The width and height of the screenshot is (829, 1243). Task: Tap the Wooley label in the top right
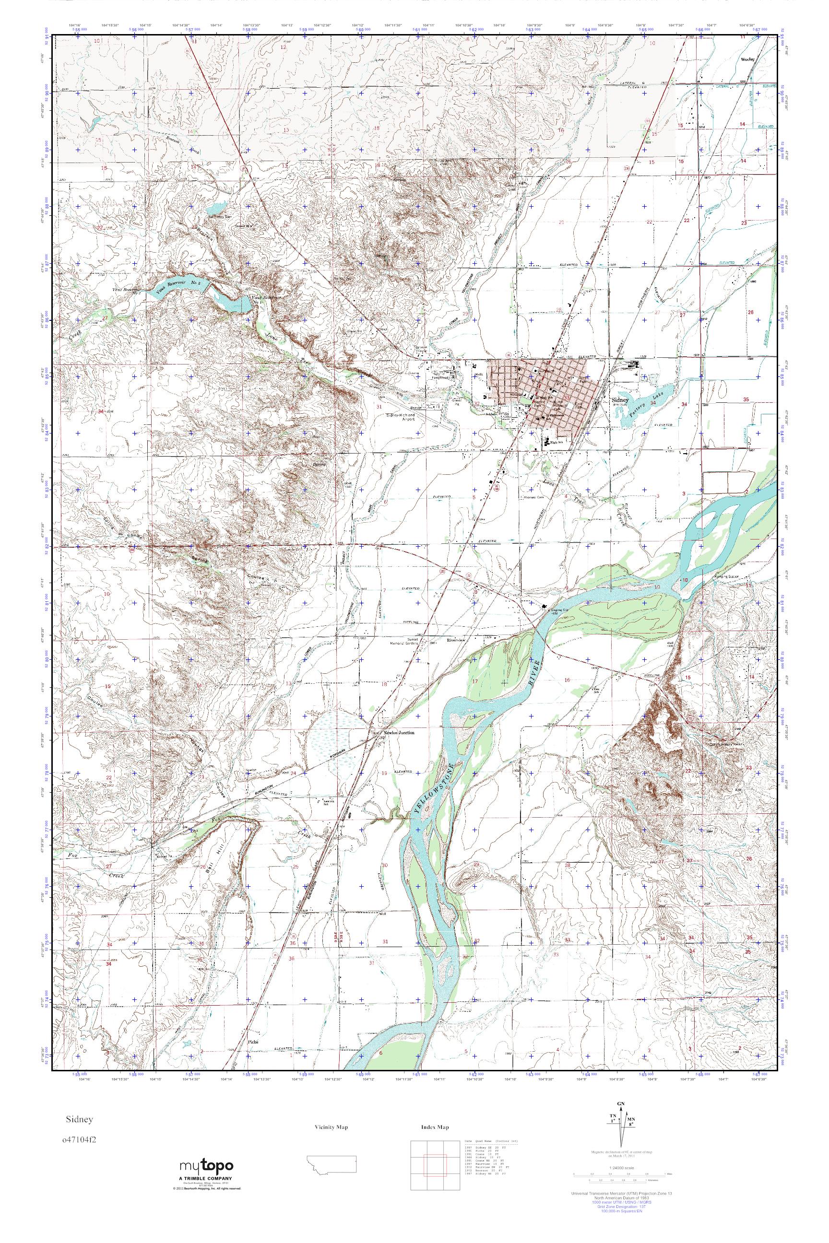click(x=747, y=60)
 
